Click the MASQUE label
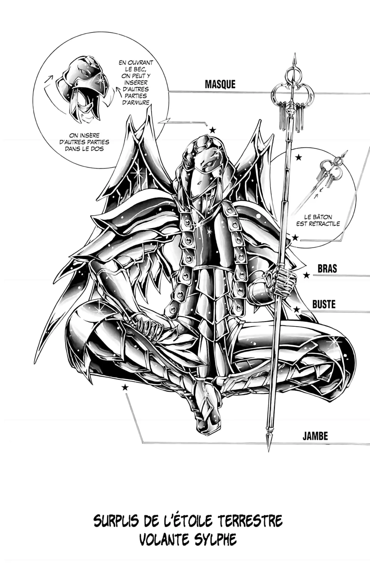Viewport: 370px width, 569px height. click(220, 84)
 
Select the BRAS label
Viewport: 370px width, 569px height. click(327, 269)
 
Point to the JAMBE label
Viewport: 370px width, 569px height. click(315, 436)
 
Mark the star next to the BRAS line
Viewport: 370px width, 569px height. click(307, 275)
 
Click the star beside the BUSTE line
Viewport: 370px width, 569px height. click(297, 309)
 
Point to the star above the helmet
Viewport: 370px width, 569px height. click(213, 130)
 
